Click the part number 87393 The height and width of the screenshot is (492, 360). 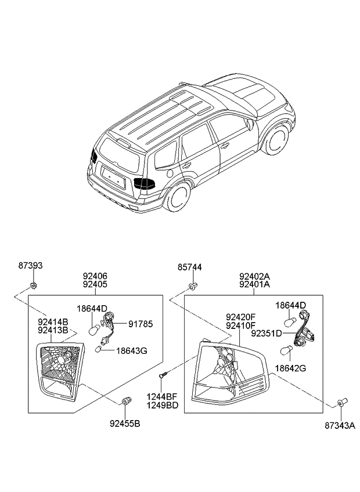coord(30,266)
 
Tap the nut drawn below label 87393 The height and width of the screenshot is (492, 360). coord(34,285)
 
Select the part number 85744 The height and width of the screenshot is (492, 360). coord(190,267)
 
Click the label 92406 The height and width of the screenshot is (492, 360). coord(95,276)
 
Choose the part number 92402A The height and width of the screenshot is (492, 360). coord(254,277)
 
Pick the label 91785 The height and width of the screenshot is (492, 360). coord(141,324)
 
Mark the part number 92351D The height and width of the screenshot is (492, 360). coord(267,334)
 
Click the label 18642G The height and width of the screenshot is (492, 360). coord(290,368)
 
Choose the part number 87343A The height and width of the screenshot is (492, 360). coord(340,426)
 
